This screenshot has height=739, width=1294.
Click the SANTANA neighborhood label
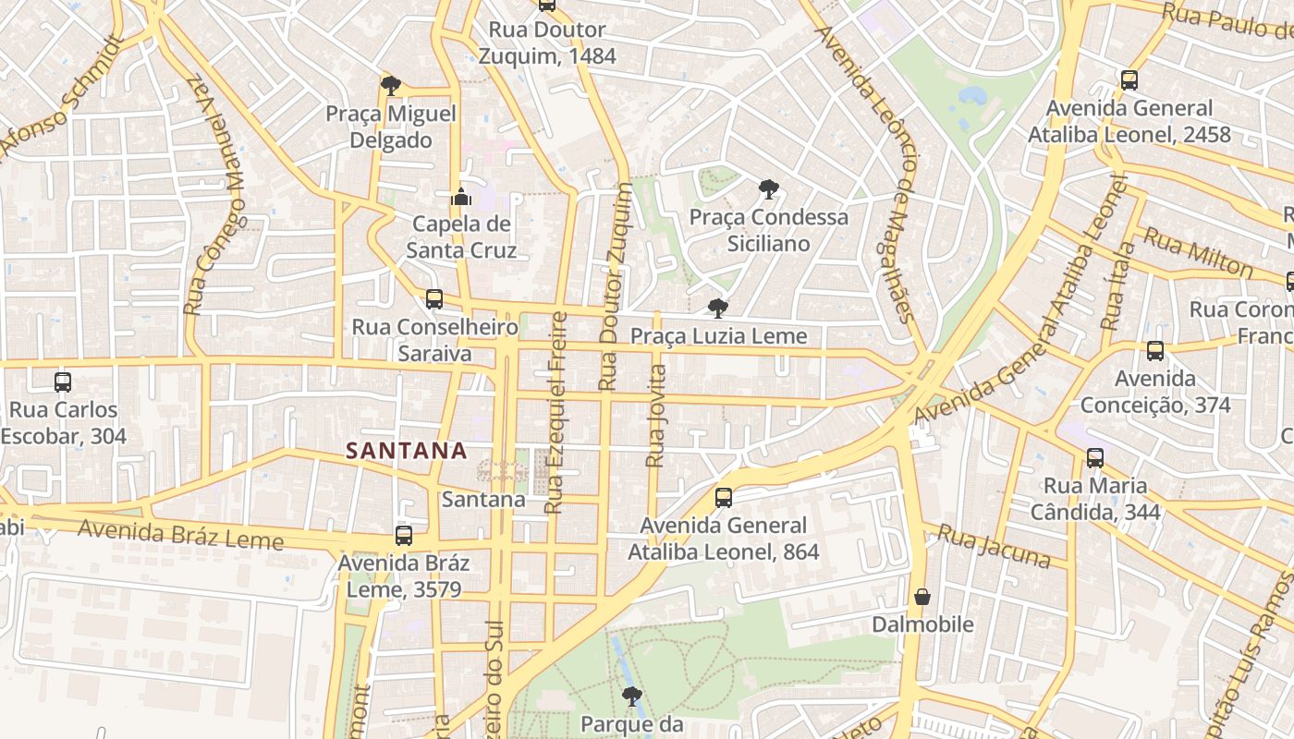[x=406, y=451]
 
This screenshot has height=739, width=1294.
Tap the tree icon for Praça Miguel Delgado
[x=391, y=86]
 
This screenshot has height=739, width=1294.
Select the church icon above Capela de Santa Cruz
[x=461, y=196]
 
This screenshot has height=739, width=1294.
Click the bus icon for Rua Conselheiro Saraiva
[x=434, y=299]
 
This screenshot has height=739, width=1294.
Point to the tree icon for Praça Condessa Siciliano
[x=768, y=189]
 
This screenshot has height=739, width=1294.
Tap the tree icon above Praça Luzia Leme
[x=717, y=309]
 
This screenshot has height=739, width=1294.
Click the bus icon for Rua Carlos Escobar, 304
[x=63, y=382]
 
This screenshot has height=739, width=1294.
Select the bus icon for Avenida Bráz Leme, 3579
[x=404, y=536]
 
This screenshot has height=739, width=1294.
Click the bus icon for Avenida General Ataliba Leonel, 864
[x=724, y=498]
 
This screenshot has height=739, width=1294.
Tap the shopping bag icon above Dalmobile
[x=922, y=597]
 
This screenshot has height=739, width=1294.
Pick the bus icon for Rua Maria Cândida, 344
[x=1095, y=457]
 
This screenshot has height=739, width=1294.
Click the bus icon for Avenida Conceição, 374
[x=1155, y=351]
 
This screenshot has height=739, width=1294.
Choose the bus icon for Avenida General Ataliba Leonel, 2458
[x=1129, y=80]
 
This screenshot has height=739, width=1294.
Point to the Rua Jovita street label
[x=656, y=416]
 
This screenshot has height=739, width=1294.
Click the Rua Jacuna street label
[x=994, y=546]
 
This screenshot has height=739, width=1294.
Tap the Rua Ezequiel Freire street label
[x=556, y=412]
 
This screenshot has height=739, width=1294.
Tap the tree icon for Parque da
[x=632, y=696]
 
